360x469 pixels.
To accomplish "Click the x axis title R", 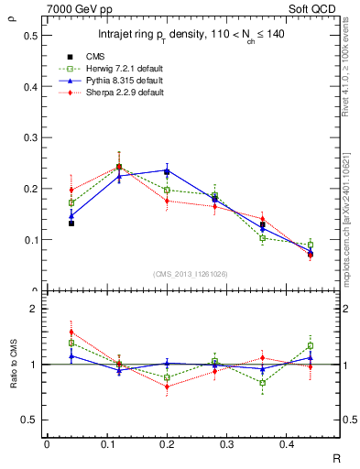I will point(336,455).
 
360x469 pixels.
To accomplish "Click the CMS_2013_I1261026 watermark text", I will point(192,274).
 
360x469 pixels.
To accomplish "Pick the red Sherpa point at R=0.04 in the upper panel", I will point(71,190).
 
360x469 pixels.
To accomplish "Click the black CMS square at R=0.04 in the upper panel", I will point(71,223).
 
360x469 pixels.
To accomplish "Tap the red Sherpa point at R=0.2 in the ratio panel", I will point(167,387).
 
